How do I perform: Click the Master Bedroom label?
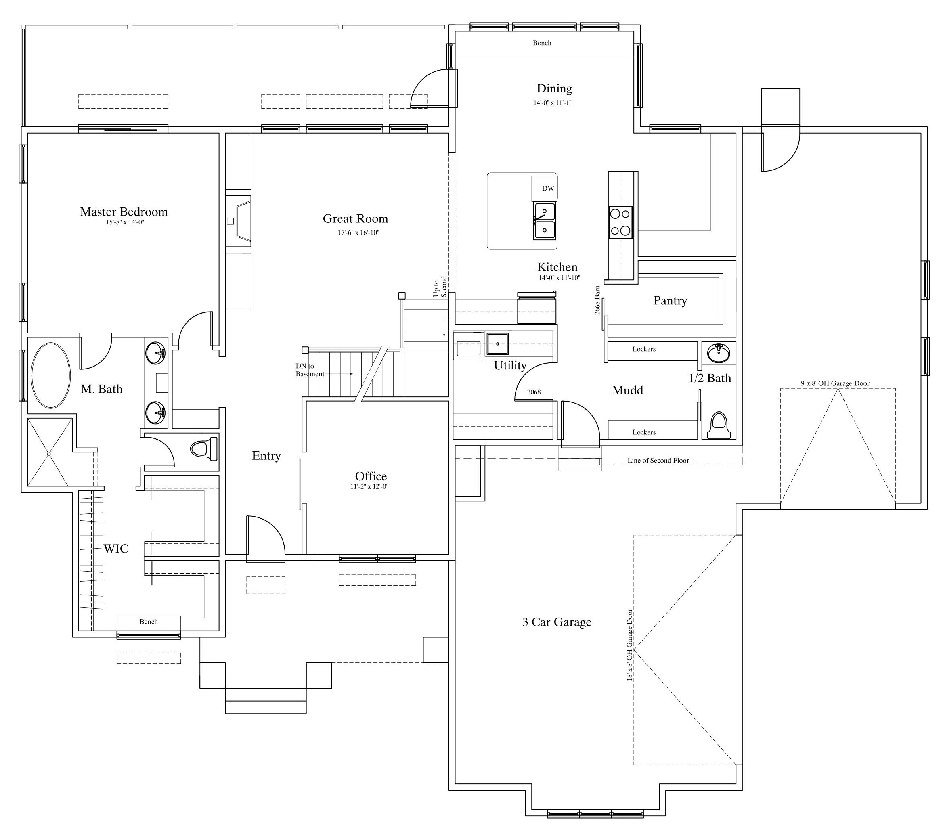pyautogui.click(x=124, y=212)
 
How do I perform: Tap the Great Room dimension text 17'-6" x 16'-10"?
pyautogui.click(x=358, y=233)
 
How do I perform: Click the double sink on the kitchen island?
pyautogui.click(x=545, y=221)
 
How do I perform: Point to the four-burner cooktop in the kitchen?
pyautogui.click(x=621, y=222)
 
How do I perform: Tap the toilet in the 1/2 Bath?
pyautogui.click(x=719, y=425)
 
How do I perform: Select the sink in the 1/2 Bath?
pyautogui.click(x=719, y=353)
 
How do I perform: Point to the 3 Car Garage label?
pyautogui.click(x=557, y=622)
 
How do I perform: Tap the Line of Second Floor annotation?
pyautogui.click(x=658, y=460)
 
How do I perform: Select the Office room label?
pyautogui.click(x=371, y=476)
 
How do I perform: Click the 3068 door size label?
pyautogui.click(x=534, y=392)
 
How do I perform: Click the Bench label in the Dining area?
pyautogui.click(x=543, y=43)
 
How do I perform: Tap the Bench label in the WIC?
pyautogui.click(x=149, y=622)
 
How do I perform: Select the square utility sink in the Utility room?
pyautogui.click(x=498, y=344)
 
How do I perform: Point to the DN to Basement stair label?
pyautogui.click(x=310, y=370)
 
